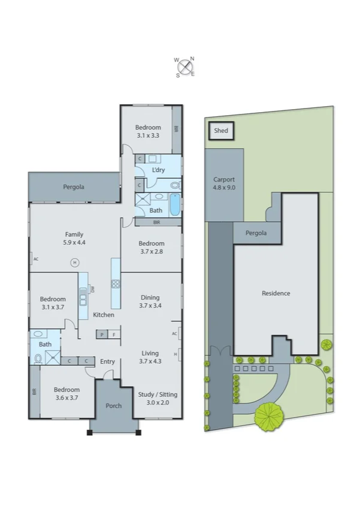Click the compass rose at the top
click(x=185, y=67)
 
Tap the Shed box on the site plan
click(x=221, y=130)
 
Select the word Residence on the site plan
click(x=276, y=293)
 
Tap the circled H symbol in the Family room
click(x=75, y=262)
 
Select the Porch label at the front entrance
click(x=113, y=406)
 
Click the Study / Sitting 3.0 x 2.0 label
click(x=158, y=398)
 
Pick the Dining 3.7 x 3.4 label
click(x=150, y=302)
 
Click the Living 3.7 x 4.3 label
click(x=150, y=357)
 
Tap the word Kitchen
click(x=103, y=315)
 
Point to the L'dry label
click(x=158, y=170)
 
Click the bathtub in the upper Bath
click(x=174, y=204)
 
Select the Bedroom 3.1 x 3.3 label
click(x=147, y=131)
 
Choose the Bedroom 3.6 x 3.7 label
click(x=66, y=393)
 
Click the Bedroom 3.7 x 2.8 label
click(x=151, y=247)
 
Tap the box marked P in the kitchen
click(x=102, y=335)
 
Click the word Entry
click(x=107, y=362)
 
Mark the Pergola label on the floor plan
click(x=74, y=187)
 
